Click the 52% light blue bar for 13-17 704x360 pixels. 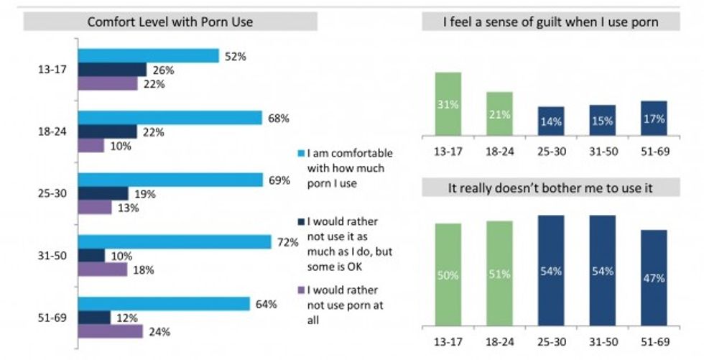[148, 55]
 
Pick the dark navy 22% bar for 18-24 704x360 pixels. [107, 131]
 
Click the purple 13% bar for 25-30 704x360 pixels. [95, 208]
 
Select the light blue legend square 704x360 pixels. [300, 154]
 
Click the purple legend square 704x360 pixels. [300, 291]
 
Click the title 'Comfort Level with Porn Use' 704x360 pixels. [170, 22]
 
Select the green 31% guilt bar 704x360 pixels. [448, 103]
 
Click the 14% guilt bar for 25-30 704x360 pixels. [550, 121]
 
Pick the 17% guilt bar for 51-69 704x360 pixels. [653, 118]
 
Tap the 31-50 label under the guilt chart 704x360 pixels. [602, 153]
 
